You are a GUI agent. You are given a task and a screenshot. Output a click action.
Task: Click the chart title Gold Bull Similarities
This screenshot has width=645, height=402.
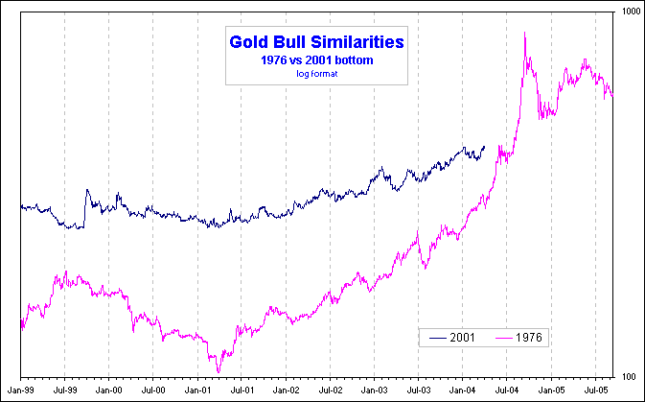click(316, 42)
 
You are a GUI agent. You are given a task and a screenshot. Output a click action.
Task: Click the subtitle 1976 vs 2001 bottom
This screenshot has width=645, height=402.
click(316, 60)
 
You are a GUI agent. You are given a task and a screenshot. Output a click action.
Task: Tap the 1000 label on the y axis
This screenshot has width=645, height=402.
click(629, 11)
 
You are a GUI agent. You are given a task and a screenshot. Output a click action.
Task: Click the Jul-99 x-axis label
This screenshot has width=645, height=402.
click(66, 390)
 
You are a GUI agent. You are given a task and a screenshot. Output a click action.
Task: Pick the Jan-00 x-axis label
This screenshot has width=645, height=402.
click(111, 390)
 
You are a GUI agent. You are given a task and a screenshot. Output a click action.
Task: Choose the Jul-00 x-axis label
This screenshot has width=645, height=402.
click(154, 390)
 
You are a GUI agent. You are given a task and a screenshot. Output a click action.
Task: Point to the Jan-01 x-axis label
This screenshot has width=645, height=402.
click(199, 390)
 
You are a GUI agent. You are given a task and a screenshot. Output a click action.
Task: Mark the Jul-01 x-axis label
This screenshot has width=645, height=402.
click(242, 390)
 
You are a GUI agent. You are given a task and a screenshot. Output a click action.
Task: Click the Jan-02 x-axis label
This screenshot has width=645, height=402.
click(287, 390)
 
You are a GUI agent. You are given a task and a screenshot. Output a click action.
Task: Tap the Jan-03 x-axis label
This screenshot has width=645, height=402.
click(375, 390)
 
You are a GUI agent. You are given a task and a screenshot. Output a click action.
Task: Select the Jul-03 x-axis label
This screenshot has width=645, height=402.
click(419, 390)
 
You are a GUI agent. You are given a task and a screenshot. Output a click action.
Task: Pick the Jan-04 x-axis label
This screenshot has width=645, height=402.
click(463, 390)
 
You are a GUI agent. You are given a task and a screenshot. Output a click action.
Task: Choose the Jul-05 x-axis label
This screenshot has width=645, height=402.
click(595, 390)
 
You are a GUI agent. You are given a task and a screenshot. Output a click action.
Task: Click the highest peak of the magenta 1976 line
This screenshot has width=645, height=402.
click(525, 34)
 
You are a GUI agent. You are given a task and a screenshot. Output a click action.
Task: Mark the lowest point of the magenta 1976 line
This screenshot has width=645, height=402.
click(219, 371)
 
